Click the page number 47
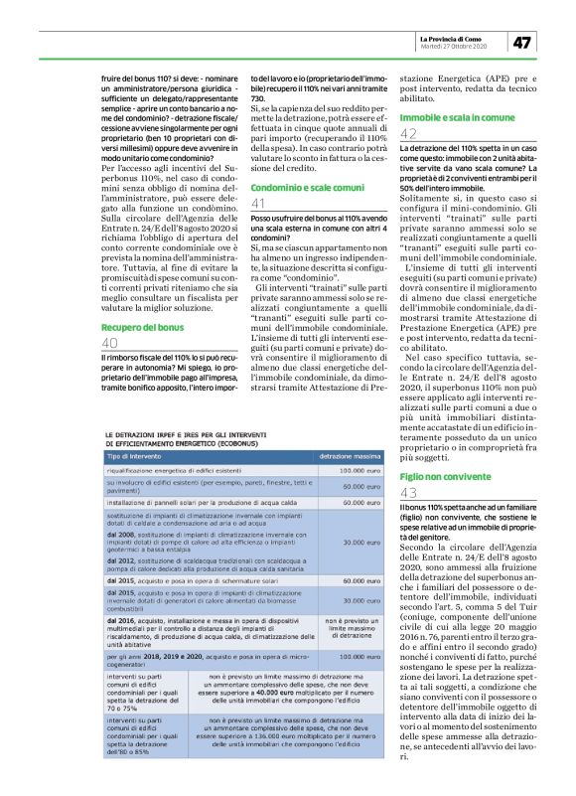tap(522, 42)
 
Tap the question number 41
tap(259, 203)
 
